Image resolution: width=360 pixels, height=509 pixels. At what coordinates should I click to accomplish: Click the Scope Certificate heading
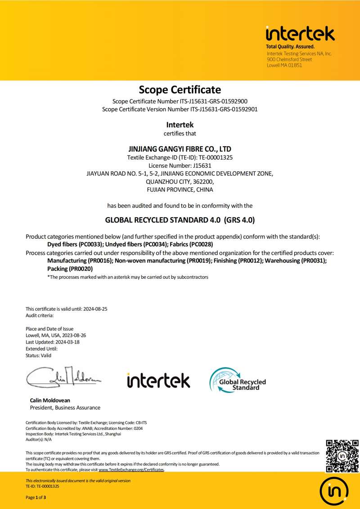[x=180, y=89]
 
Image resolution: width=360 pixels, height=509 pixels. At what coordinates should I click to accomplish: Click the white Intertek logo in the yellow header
[x=300, y=34]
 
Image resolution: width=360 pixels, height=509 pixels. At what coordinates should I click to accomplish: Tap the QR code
[x=342, y=456]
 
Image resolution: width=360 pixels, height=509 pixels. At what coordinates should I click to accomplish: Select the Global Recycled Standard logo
[x=237, y=380]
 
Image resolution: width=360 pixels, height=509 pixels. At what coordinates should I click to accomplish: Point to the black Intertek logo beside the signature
[x=158, y=380]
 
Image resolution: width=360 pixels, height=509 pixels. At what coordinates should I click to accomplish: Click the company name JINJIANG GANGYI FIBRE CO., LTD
[x=180, y=149]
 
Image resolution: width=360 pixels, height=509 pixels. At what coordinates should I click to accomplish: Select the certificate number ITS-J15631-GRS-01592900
[x=216, y=101]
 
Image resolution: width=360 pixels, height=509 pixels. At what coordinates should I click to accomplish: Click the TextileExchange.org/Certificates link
[x=131, y=469]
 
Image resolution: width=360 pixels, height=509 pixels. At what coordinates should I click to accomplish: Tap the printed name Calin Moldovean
[x=50, y=400]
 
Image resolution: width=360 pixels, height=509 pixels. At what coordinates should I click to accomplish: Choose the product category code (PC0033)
[x=90, y=244]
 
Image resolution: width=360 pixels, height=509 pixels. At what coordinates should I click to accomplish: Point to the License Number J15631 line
[x=180, y=165]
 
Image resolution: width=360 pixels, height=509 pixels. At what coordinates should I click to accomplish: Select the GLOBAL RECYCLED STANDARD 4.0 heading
[x=180, y=220]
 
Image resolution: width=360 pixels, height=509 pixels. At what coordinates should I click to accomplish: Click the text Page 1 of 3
[x=36, y=497]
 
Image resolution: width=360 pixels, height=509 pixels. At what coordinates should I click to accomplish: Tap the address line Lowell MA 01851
[x=284, y=65]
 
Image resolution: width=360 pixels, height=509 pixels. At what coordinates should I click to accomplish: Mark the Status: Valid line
[x=39, y=355]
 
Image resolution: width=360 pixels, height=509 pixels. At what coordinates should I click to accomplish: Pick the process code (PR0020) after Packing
[x=81, y=268]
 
